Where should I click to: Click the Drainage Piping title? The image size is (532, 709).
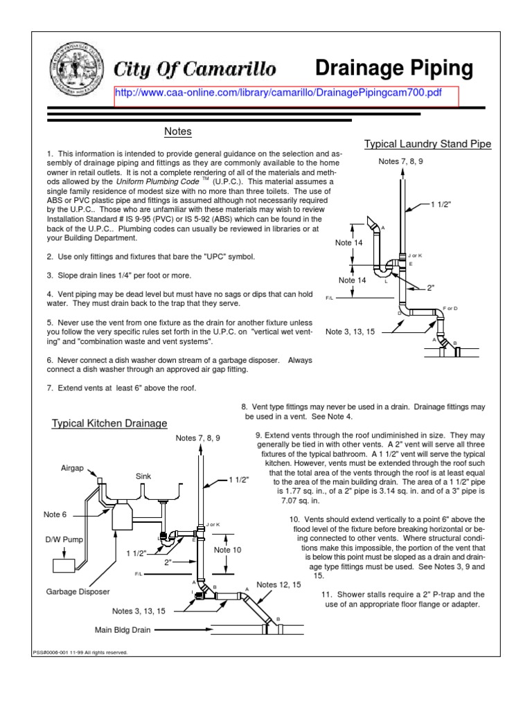click(x=394, y=68)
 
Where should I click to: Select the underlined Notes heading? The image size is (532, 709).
click(x=177, y=132)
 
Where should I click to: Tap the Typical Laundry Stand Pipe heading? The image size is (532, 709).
click(x=427, y=144)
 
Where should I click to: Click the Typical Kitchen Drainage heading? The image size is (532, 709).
click(x=109, y=423)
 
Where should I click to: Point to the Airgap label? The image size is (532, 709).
click(x=72, y=469)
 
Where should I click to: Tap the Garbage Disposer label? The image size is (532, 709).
click(x=78, y=592)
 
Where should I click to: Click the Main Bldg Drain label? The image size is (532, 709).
click(x=122, y=630)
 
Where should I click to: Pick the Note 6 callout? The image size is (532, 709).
click(x=56, y=514)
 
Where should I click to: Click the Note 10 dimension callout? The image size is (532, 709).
click(x=227, y=550)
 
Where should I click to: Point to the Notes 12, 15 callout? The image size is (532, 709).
click(x=279, y=585)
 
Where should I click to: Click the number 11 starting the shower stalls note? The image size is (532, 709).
click(x=327, y=595)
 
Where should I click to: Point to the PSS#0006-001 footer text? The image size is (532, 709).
click(x=80, y=652)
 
